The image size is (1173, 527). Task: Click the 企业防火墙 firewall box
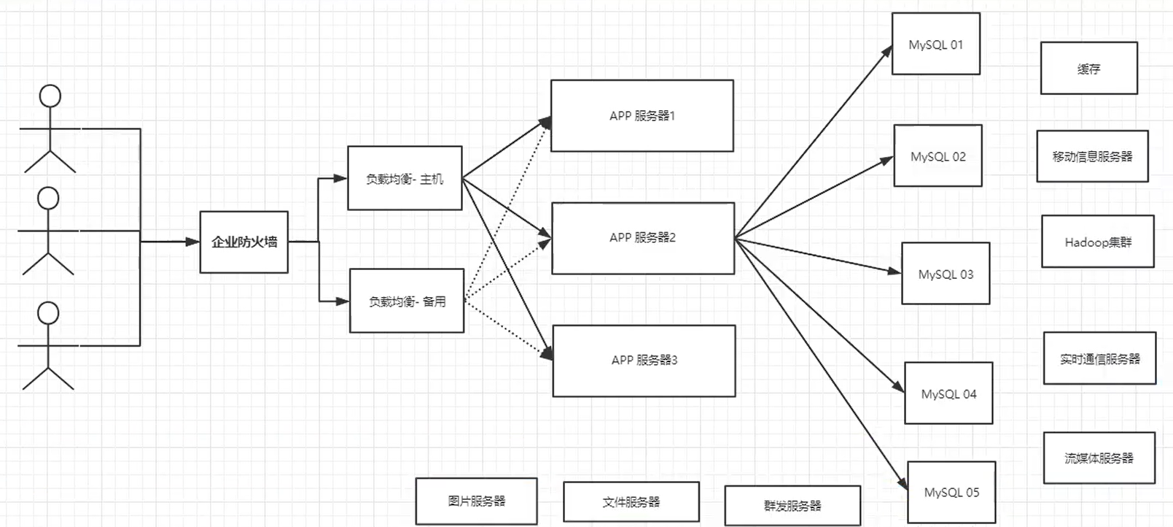click(x=243, y=242)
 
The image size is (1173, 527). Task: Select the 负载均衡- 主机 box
click(x=405, y=178)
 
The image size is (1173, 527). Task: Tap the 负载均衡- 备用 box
click(x=407, y=301)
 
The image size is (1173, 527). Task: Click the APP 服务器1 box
click(x=642, y=116)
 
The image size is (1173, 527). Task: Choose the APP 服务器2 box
click(x=642, y=238)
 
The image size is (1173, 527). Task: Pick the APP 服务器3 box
click(x=644, y=361)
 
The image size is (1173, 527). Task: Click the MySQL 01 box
click(x=935, y=44)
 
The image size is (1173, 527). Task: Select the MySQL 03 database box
click(x=946, y=274)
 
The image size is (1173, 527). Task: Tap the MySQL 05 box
click(x=951, y=493)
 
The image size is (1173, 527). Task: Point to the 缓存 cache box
click(x=1088, y=69)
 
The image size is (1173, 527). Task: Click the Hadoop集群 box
click(x=1097, y=242)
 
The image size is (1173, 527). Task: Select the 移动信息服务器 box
click(x=1092, y=156)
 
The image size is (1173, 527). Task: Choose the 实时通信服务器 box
click(x=1099, y=358)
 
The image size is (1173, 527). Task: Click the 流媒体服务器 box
click(x=1099, y=458)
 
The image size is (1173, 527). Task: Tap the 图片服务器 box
click(x=476, y=501)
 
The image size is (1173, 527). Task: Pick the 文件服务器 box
click(x=631, y=502)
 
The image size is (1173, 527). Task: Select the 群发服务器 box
click(x=792, y=506)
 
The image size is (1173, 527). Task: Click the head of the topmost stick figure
click(x=50, y=96)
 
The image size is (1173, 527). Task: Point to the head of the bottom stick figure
click(x=48, y=313)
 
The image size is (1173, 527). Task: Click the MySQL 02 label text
click(x=938, y=157)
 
